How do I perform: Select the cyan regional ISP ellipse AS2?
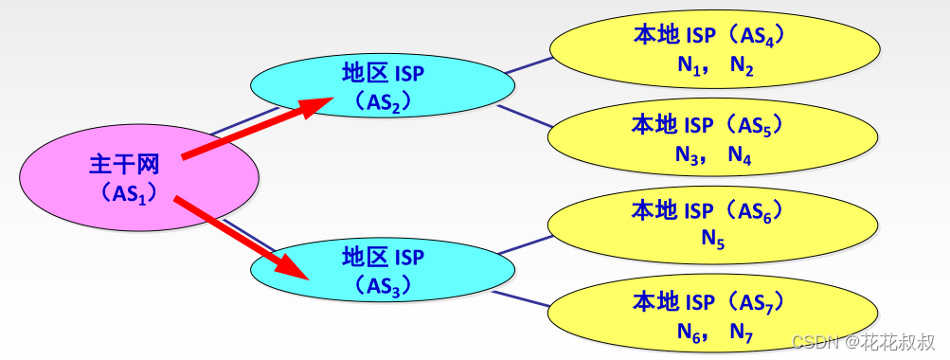[445, 84]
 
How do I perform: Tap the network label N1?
[688, 66]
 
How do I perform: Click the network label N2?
[742, 66]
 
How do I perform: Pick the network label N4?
[741, 156]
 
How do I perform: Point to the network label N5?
[713, 241]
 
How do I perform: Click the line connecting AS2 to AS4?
[529, 64]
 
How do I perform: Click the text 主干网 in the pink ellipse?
[123, 165]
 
